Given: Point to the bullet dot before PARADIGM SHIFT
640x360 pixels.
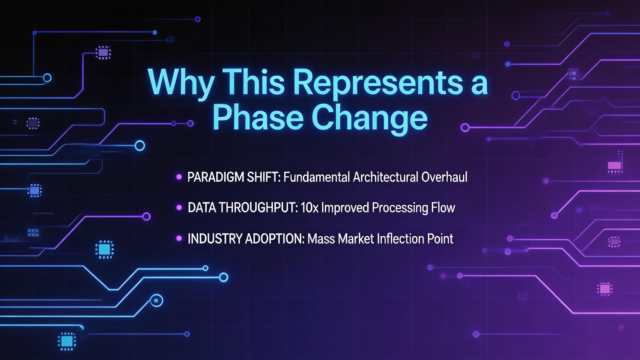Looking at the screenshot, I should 179,177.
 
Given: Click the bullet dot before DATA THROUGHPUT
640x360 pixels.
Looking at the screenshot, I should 179,208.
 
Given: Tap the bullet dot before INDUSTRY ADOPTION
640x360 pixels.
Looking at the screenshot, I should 179,238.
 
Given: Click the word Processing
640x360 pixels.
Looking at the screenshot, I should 400,208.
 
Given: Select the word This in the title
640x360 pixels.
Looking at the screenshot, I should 253,82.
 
